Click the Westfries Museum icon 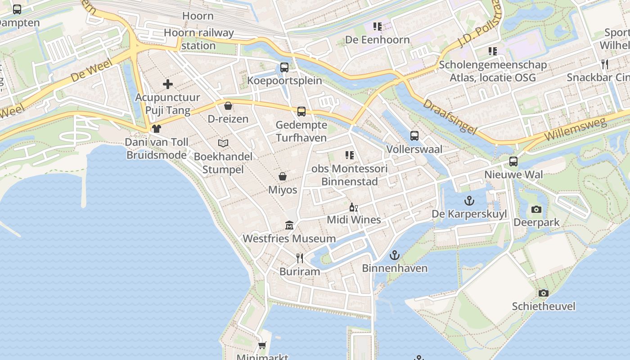pyautogui.click(x=289, y=225)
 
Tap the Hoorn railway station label pyautogui.click(x=198, y=39)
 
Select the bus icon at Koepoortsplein pyautogui.click(x=284, y=67)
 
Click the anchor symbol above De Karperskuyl pyautogui.click(x=469, y=200)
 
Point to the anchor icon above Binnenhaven pyautogui.click(x=394, y=255)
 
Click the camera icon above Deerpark pyautogui.click(x=536, y=209)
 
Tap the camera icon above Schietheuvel pyautogui.click(x=544, y=293)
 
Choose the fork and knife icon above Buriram pyautogui.click(x=300, y=258)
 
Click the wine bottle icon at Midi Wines pyautogui.click(x=353, y=207)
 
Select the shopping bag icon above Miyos pyautogui.click(x=283, y=176)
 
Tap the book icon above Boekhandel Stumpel pyautogui.click(x=223, y=143)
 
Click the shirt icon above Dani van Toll pyautogui.click(x=156, y=129)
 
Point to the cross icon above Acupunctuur pyautogui.click(x=168, y=84)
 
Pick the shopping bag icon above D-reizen pyautogui.click(x=228, y=106)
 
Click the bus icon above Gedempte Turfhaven pyautogui.click(x=301, y=111)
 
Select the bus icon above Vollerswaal pyautogui.click(x=414, y=135)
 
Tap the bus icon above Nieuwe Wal pyautogui.click(x=513, y=161)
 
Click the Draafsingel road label pyautogui.click(x=449, y=117)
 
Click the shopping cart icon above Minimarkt pyautogui.click(x=262, y=345)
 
